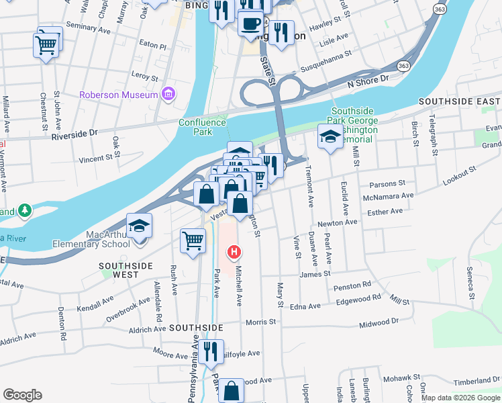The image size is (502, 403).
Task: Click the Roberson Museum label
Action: tap(118, 95)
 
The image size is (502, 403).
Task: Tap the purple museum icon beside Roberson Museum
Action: tap(168, 94)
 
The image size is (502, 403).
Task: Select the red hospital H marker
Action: tap(234, 253)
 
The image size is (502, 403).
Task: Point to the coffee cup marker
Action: tap(250, 25)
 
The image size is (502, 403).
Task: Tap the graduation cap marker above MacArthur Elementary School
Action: tap(139, 226)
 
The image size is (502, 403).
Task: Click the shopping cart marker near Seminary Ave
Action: tap(46, 44)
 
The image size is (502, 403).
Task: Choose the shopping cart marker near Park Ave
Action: tap(193, 240)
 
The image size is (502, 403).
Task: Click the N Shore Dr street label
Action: tap(368, 81)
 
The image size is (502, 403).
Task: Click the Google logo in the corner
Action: tap(22, 395)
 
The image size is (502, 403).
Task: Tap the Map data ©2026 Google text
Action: tap(460, 398)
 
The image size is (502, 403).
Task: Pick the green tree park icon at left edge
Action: tap(25, 211)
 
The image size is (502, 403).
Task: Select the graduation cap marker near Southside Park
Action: tap(328, 138)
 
